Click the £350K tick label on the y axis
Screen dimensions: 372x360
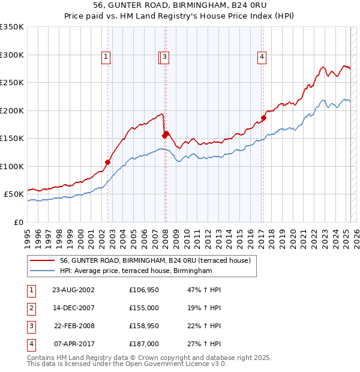click(12, 27)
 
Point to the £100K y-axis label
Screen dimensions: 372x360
click(12, 166)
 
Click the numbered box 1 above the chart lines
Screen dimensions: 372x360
click(106, 57)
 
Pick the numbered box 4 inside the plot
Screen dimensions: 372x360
click(262, 57)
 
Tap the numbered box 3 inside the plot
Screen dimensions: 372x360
click(164, 57)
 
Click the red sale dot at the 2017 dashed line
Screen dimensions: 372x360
click(263, 118)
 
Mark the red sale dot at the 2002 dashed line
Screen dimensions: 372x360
click(108, 162)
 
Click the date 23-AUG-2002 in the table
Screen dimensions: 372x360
click(73, 290)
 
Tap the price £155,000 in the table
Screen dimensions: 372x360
click(144, 308)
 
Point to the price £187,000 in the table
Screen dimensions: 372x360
click(144, 344)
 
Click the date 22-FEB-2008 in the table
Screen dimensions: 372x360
click(73, 326)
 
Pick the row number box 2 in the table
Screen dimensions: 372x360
click(31, 308)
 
